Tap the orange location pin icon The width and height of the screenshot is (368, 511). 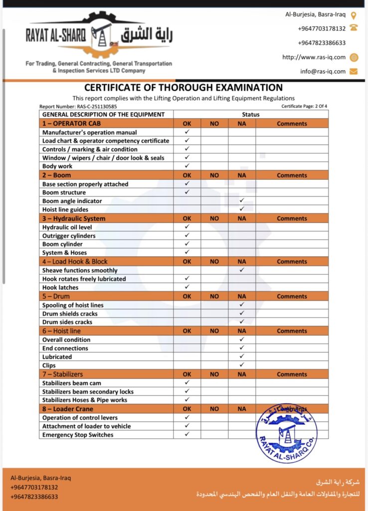354,15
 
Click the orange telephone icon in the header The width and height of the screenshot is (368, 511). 354,28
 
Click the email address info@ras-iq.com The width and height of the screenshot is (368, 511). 323,71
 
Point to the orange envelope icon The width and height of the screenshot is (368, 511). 354,71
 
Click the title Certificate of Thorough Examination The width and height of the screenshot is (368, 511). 184,88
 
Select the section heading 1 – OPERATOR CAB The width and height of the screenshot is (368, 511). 71,123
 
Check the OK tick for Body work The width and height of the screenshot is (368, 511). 187,166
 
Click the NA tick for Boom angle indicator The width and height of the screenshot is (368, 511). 241,201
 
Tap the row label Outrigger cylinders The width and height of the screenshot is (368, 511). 69,236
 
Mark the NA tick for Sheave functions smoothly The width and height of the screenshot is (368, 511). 241,270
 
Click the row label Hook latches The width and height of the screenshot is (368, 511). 60,287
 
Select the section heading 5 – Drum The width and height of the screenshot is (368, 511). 56,296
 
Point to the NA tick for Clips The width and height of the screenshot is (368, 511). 241,365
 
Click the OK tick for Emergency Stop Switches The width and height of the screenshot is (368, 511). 187,434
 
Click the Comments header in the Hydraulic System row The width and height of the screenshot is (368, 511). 292,219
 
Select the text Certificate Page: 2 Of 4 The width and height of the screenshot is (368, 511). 304,106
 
